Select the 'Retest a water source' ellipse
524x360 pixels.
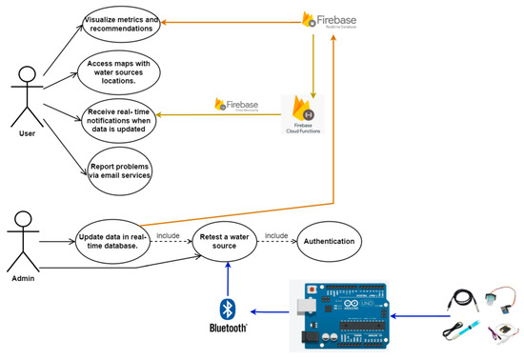point(228,241)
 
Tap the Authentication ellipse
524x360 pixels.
point(330,241)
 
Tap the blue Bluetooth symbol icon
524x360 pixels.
point(227,310)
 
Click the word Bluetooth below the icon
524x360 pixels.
point(227,329)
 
